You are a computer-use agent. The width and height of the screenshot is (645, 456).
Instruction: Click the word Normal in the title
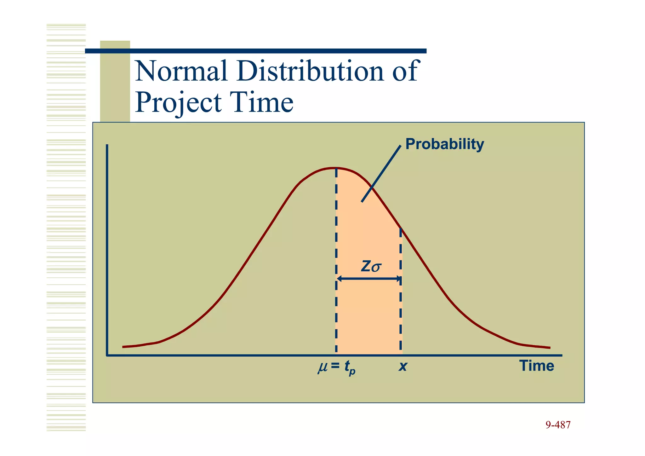181,71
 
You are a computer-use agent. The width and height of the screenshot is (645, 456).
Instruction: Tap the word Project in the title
178,103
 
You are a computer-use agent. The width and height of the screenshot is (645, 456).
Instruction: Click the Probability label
444,144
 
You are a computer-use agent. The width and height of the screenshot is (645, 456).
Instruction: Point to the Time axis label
536,366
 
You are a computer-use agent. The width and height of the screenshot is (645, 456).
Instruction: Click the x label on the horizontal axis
402,367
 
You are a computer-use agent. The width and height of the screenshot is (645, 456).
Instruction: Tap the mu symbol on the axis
322,367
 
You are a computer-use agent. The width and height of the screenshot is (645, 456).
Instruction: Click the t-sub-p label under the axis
349,368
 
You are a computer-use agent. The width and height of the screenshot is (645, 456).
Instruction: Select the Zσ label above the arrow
371,267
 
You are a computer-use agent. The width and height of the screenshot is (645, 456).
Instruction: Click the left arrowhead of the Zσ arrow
339,279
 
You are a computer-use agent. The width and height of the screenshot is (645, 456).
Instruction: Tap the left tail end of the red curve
123,347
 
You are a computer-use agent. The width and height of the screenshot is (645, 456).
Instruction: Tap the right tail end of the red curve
549,348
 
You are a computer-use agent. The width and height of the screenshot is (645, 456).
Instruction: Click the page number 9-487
558,425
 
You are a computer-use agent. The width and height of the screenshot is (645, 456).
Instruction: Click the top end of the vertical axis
107,146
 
